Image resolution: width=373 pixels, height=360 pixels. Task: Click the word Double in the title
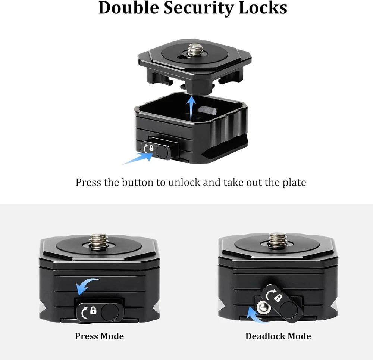pyautogui.click(x=129, y=7)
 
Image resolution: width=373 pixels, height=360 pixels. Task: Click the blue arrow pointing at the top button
pyautogui.click(x=138, y=158)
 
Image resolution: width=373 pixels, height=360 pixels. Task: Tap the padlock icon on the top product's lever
pyautogui.click(x=151, y=148)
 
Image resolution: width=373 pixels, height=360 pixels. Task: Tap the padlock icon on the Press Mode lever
pyautogui.click(x=94, y=310)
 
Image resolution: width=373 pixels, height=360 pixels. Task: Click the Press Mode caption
pyautogui.click(x=100, y=336)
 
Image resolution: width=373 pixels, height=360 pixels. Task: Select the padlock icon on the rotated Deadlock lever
pyautogui.click(x=278, y=298)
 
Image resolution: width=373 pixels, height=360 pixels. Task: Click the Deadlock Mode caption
pyautogui.click(x=278, y=336)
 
